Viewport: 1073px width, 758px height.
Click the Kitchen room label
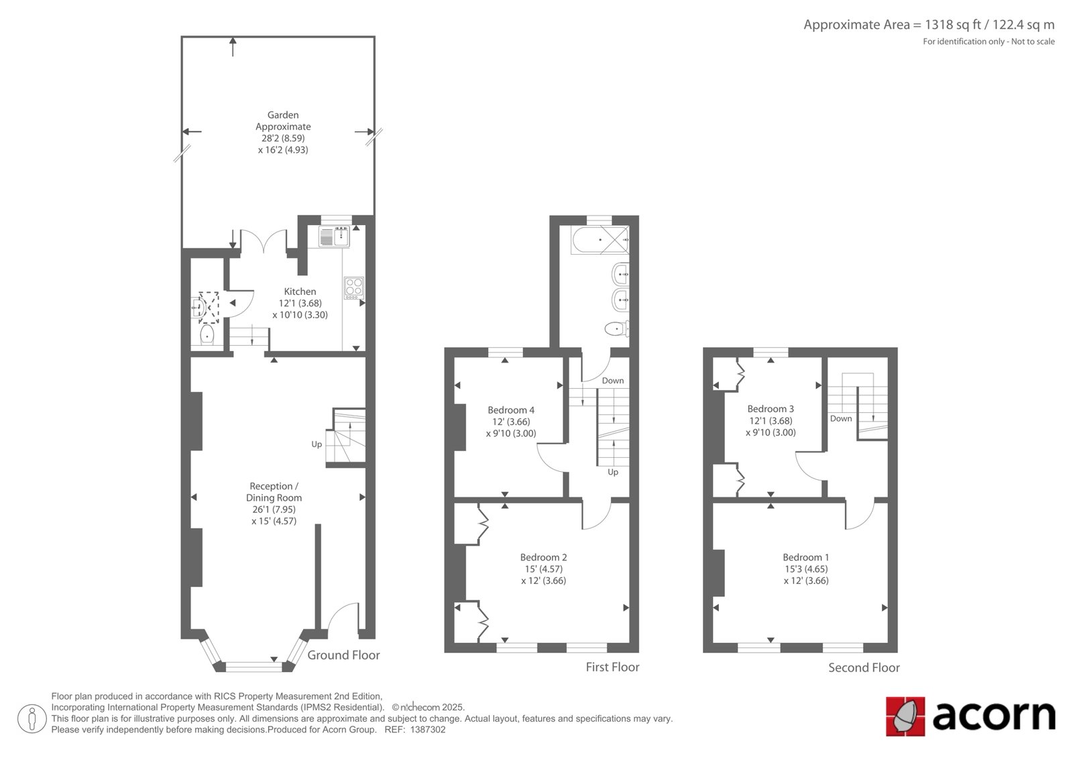click(300, 291)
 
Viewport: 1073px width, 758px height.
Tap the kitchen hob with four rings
click(354, 288)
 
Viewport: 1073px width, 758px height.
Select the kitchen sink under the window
click(334, 237)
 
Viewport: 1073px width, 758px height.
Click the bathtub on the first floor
click(600, 239)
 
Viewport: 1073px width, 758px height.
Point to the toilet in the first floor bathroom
click(617, 329)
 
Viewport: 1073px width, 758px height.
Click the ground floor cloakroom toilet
click(207, 335)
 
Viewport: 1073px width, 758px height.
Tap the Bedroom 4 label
click(510, 410)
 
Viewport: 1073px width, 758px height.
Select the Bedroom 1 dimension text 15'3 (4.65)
click(805, 569)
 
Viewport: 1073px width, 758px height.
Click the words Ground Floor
click(343, 655)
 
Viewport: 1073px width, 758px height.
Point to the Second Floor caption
click(864, 668)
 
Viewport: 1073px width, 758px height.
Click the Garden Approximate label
click(283, 121)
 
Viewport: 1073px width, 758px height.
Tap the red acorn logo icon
click(905, 716)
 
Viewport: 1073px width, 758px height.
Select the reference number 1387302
click(427, 730)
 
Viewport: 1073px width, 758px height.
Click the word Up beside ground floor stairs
click(317, 444)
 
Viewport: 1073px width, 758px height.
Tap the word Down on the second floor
click(841, 418)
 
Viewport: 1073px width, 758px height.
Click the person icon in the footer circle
click(32, 718)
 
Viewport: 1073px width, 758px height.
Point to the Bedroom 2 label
click(543, 558)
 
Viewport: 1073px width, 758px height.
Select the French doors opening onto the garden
click(263, 241)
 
